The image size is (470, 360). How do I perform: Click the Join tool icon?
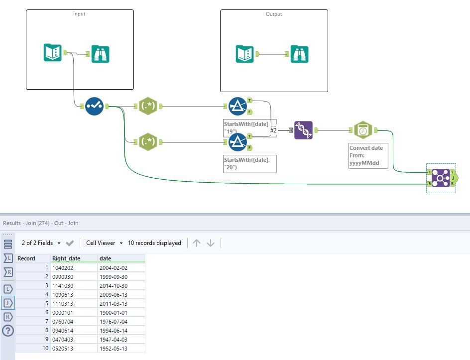441,178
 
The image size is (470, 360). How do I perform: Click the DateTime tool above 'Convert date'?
363,130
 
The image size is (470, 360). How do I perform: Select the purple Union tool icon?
303,130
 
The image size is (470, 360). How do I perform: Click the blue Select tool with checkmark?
94,106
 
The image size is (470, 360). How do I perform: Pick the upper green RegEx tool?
147,106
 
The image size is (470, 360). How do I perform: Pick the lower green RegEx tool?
147,142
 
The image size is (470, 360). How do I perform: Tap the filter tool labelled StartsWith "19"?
237,106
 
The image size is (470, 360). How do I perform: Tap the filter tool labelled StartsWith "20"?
237,142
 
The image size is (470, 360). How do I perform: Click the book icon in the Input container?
52,53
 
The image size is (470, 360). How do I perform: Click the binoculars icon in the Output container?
299,54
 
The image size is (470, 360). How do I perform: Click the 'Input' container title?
79,14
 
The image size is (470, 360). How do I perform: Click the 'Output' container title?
274,14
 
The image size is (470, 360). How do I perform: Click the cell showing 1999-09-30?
113,276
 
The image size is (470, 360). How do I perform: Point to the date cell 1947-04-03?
113,339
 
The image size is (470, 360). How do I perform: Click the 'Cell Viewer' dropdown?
104,243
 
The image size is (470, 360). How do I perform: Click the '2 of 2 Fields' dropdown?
41,243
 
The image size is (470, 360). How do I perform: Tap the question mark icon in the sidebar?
8,331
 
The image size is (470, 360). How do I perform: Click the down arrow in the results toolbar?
211,243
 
